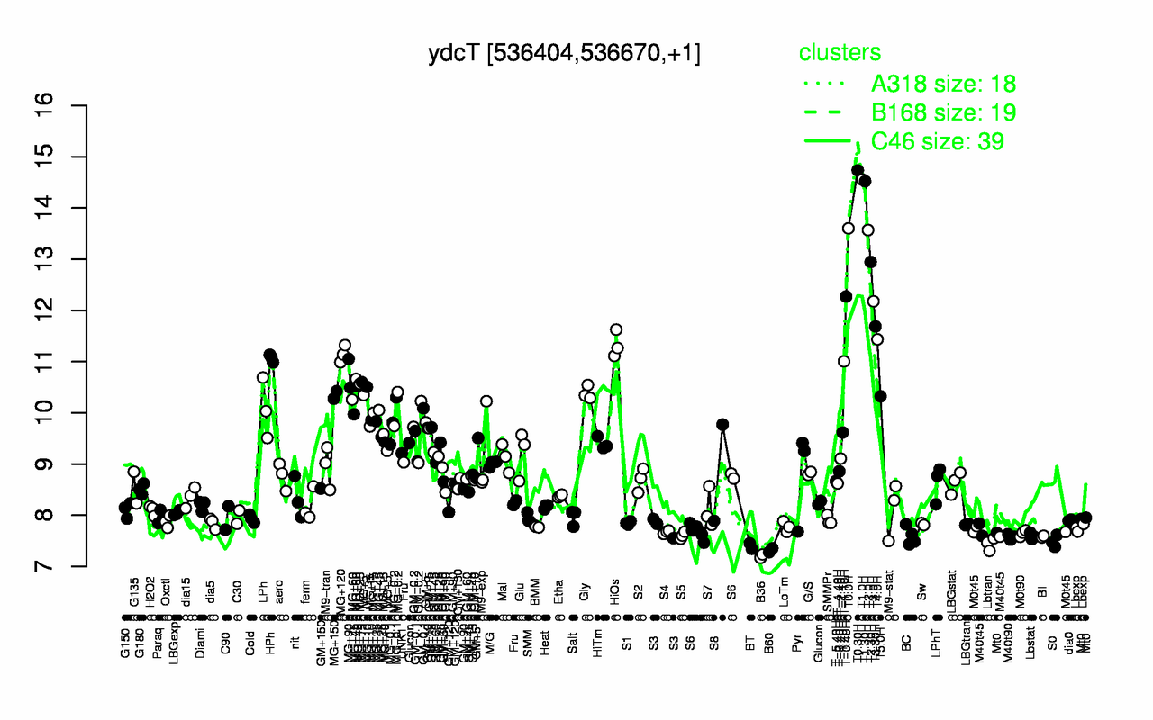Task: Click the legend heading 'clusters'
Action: [x=840, y=53]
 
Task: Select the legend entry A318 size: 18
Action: [x=943, y=84]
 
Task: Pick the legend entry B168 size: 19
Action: [x=943, y=112]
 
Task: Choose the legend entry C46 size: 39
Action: [x=937, y=141]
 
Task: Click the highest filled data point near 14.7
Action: [x=858, y=170]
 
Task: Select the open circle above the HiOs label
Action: [x=616, y=329]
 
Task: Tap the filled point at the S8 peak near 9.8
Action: [x=722, y=424]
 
